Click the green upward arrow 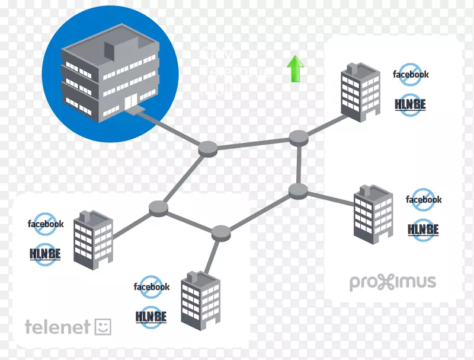tap(295, 69)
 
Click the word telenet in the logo tap(57, 326)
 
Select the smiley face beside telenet tap(103, 326)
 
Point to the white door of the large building tap(129, 103)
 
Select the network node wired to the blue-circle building tap(207, 148)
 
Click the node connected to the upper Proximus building tap(299, 138)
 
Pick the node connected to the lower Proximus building tap(298, 190)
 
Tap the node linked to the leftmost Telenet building tap(158, 208)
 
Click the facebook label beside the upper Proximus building tap(411, 75)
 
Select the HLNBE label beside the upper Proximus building tap(410, 104)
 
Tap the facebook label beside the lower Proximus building tap(424, 199)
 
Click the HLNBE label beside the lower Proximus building tap(423, 229)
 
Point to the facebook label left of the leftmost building tap(46, 224)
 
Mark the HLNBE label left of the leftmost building tap(46, 254)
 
